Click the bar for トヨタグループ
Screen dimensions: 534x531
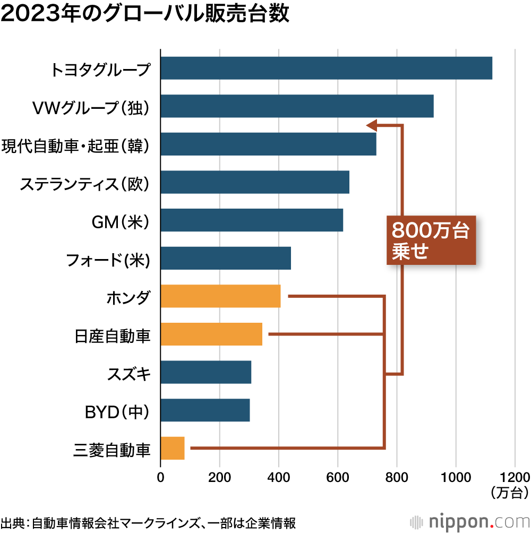326,68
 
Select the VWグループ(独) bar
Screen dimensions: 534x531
297,106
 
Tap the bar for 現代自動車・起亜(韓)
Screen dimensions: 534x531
268,144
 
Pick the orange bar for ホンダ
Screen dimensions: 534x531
220,296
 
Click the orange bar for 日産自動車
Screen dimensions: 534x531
211,334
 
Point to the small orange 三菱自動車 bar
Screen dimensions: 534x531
172,448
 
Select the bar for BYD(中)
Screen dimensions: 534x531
205,410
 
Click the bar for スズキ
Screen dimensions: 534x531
205,372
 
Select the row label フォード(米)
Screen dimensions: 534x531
108,260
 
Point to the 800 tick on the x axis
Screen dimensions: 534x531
397,477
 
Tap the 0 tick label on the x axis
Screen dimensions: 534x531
160,477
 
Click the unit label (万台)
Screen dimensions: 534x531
510,492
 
